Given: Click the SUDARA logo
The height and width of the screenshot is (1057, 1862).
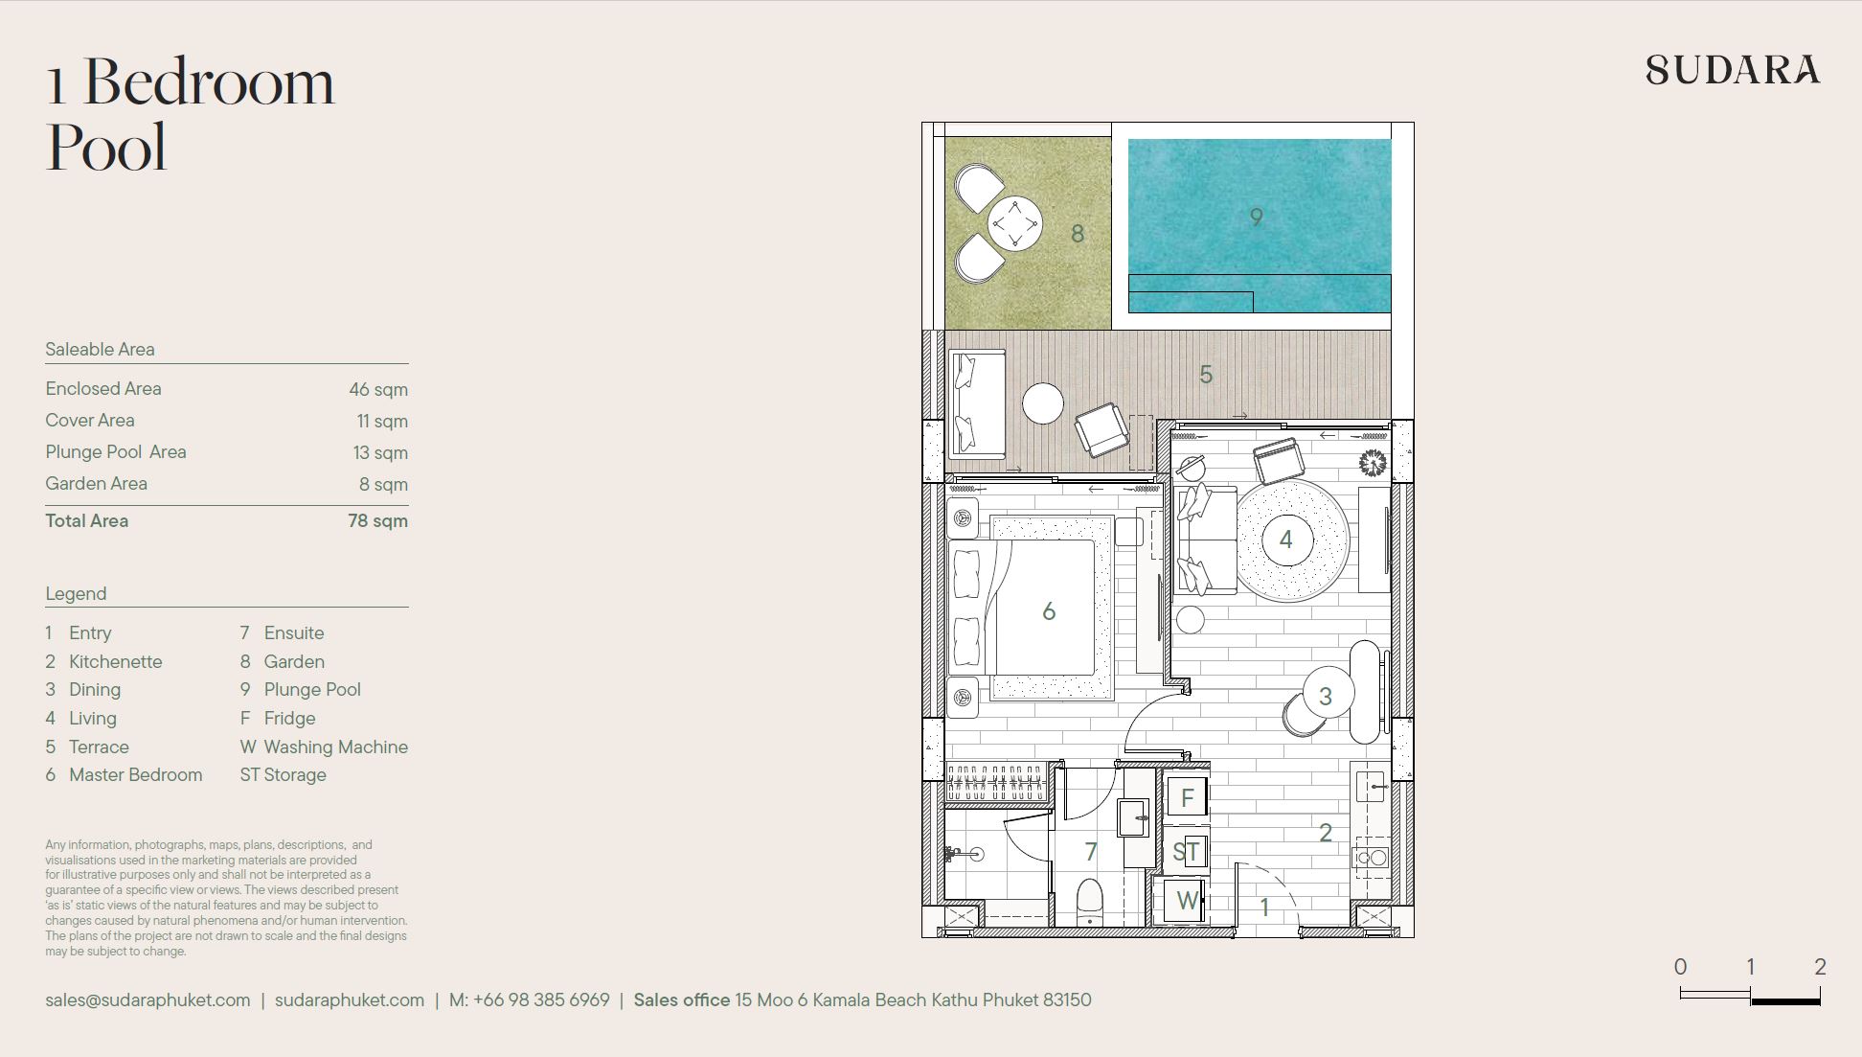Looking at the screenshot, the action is pyautogui.click(x=1733, y=70).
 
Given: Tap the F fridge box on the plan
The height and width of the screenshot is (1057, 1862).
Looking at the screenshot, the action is pyautogui.click(x=1187, y=797).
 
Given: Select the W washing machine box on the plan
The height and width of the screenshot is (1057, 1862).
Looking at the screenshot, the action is pyautogui.click(x=1186, y=901).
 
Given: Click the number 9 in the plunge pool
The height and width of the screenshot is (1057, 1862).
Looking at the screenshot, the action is pyautogui.click(x=1257, y=218).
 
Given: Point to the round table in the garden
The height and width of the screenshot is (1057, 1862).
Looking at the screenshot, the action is pyautogui.click(x=1014, y=224).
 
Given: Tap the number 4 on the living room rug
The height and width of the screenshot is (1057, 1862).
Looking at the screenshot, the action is pyautogui.click(x=1286, y=540).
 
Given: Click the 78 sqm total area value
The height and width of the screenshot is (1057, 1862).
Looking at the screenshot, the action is pyautogui.click(x=377, y=521).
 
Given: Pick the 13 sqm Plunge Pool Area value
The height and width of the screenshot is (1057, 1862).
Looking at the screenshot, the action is pyautogui.click(x=381, y=453).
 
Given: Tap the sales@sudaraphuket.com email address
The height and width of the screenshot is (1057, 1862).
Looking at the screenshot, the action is pyautogui.click(x=148, y=1000).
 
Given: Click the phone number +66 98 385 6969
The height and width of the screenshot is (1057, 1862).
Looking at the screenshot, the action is pyautogui.click(x=541, y=1000).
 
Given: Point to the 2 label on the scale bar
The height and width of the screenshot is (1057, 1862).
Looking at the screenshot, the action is pyautogui.click(x=1820, y=967).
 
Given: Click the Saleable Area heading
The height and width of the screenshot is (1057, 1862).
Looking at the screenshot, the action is pyautogui.click(x=100, y=350).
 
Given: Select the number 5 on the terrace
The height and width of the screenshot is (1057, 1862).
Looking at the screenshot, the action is pyautogui.click(x=1206, y=375).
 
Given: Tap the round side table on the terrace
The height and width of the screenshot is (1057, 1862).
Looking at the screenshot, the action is pyautogui.click(x=1043, y=403).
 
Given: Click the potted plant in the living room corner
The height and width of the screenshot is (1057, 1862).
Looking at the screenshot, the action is pyautogui.click(x=1373, y=463).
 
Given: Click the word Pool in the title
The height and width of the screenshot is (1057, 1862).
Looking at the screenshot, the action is pyautogui.click(x=106, y=148).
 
